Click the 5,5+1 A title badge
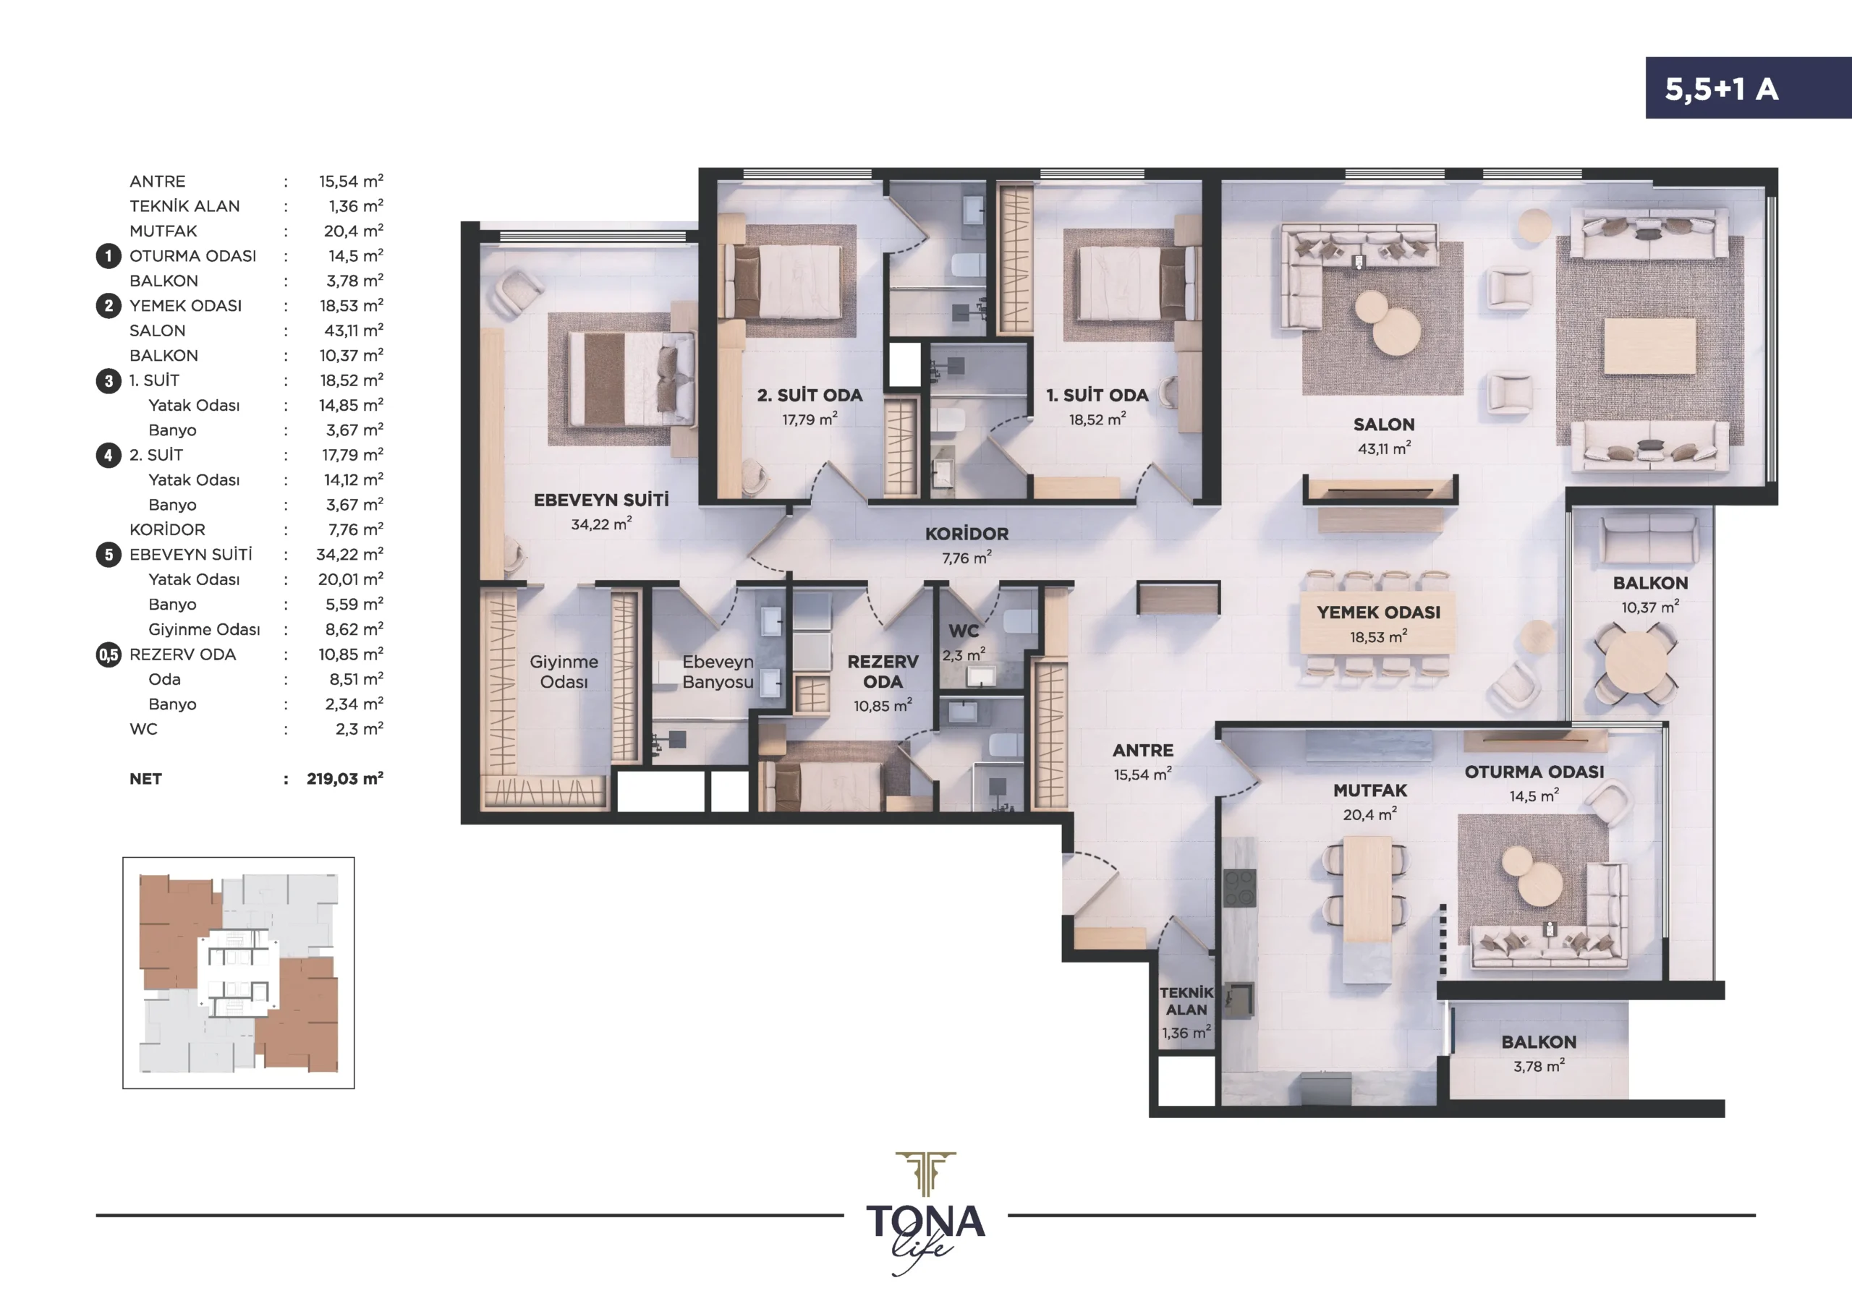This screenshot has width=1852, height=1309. click(x=1748, y=88)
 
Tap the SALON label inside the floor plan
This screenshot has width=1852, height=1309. click(x=1383, y=425)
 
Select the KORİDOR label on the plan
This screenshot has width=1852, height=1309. click(x=967, y=534)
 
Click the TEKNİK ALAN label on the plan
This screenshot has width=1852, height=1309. click(x=1186, y=1001)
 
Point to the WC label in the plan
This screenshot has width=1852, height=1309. click(x=963, y=631)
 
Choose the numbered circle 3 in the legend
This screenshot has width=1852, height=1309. click(x=108, y=380)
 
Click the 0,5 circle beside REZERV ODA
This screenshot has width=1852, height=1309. click(x=108, y=655)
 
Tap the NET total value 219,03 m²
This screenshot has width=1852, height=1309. click(x=344, y=778)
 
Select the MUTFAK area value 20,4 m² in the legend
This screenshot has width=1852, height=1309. click(x=353, y=231)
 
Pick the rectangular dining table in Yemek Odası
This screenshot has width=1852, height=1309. click(x=1377, y=623)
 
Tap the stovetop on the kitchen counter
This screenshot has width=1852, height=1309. click(x=1240, y=887)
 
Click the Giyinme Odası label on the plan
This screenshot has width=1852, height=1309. click(x=563, y=672)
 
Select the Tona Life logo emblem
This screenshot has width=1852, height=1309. click(x=926, y=1174)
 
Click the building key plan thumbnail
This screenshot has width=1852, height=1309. click(x=239, y=973)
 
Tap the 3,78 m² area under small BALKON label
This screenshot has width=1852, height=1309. click(x=1538, y=1066)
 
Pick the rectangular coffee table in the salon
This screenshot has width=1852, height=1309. click(x=1649, y=346)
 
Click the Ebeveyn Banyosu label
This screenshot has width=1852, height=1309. click(x=717, y=672)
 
